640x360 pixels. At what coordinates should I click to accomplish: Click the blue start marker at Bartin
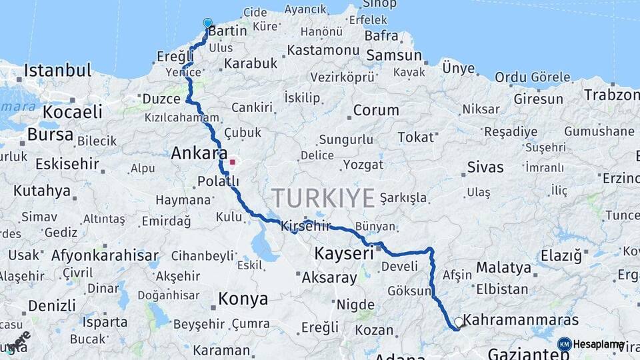pos(207,23)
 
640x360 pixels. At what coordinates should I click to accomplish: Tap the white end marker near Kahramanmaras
pos(459,323)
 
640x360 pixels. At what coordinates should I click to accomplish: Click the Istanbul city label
pos(57,71)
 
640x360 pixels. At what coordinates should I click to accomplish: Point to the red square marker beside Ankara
pos(232,161)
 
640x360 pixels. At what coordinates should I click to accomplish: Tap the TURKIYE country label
pos(323,197)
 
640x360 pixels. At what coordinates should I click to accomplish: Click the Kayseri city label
pos(344,253)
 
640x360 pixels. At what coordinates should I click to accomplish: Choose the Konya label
pos(243,298)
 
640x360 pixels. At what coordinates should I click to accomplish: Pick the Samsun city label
pos(394,55)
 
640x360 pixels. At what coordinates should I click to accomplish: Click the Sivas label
pos(485,167)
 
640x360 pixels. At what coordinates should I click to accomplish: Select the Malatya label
pos(503,267)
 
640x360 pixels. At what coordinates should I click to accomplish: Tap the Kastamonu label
pos(324,50)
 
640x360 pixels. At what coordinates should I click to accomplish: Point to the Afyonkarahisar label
pos(105,255)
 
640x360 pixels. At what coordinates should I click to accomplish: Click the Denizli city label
pos(52,305)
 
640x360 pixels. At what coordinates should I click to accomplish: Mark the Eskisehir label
pos(67,163)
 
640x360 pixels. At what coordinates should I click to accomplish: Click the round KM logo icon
pos(565,344)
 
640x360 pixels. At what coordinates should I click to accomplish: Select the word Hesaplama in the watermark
pos(599,345)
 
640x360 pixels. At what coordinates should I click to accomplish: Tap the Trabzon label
pos(611,95)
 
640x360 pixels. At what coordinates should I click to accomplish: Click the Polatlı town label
pos(218,181)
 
